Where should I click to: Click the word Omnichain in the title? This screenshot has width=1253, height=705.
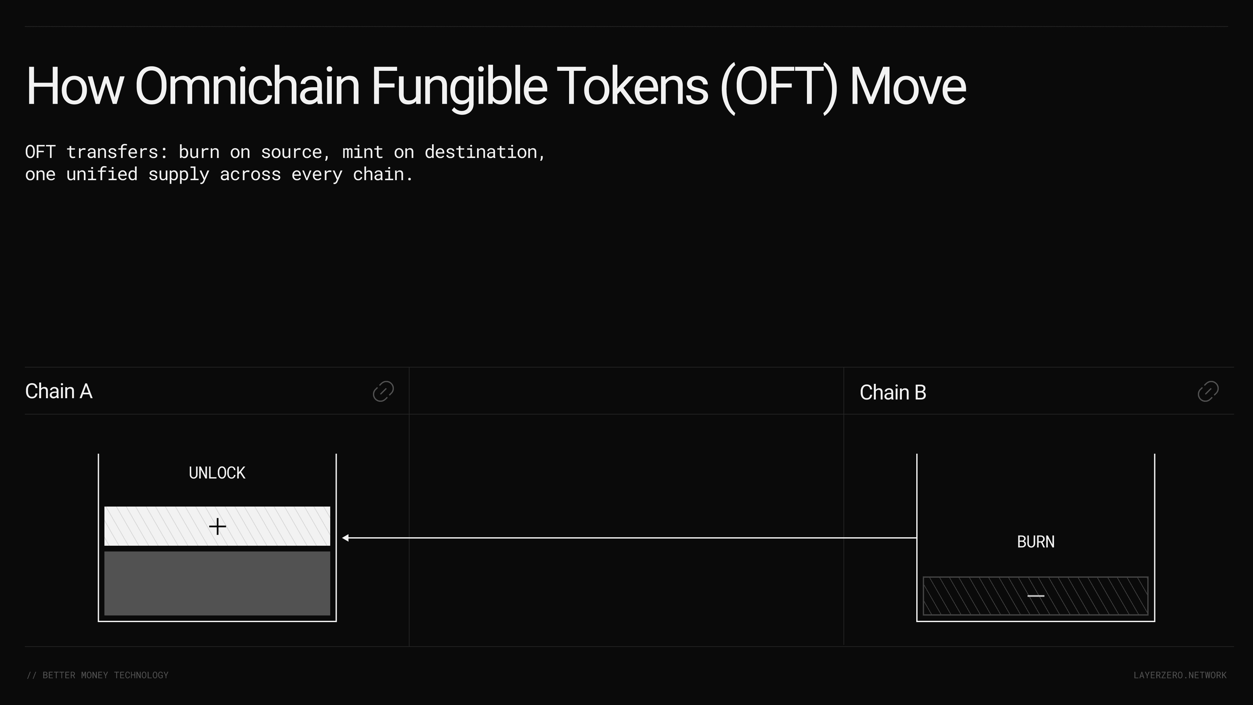coord(247,86)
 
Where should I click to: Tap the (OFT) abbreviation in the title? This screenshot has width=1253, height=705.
coord(779,87)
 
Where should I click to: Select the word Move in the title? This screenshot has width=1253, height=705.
coord(908,86)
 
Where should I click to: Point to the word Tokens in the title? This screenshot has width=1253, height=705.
coord(632,86)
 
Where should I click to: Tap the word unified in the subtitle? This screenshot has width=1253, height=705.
coord(102,174)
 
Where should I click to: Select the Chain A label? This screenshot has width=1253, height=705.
coord(58,391)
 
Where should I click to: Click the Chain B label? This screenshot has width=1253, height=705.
coord(893,392)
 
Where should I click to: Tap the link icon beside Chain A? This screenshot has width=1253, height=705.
coord(383,391)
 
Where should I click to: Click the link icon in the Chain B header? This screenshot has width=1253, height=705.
coord(1208,391)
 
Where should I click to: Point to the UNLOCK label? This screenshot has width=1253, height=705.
coord(217,473)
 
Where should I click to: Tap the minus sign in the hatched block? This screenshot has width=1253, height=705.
coord(1036,596)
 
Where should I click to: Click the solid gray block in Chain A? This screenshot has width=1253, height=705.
coord(217,583)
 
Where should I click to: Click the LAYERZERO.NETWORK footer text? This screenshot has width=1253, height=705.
coord(1180,675)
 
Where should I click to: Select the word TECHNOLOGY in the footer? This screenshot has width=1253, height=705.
coord(141,675)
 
